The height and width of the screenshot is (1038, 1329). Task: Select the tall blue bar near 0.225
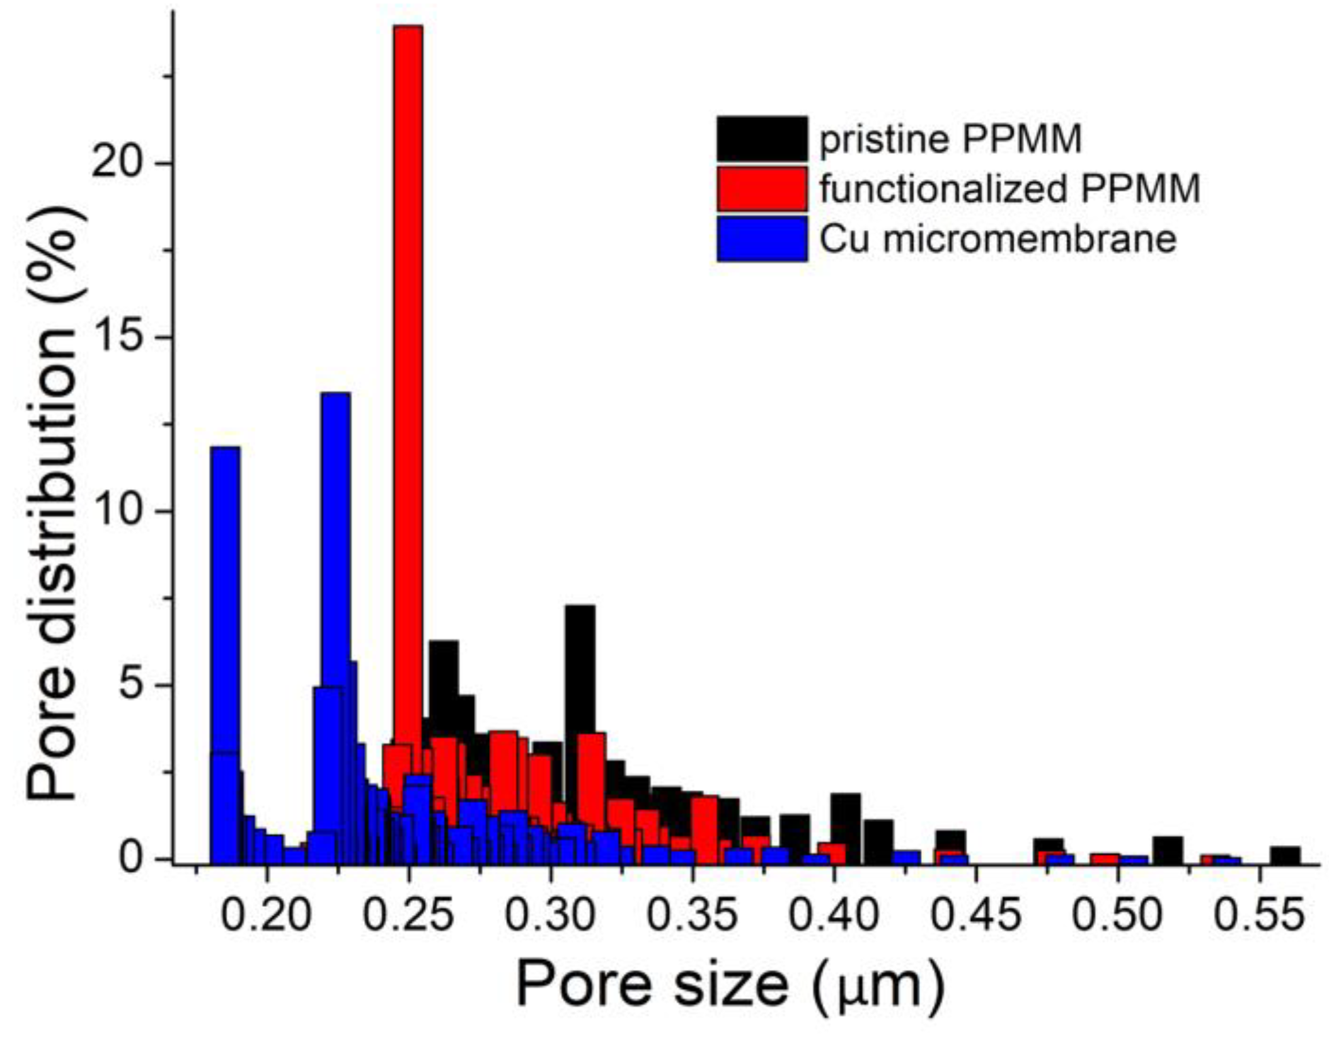(x=335, y=536)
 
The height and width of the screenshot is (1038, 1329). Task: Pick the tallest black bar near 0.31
(x=580, y=668)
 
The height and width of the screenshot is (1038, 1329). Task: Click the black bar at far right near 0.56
(x=1284, y=855)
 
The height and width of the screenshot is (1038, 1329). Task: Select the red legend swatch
(x=762, y=188)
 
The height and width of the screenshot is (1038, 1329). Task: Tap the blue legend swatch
(x=762, y=238)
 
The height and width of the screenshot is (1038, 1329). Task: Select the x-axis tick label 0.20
(x=267, y=916)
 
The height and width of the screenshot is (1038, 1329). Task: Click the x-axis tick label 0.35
(x=692, y=916)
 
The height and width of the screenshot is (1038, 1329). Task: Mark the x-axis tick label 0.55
(x=1259, y=916)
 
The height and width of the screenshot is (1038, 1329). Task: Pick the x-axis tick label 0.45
(x=975, y=916)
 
